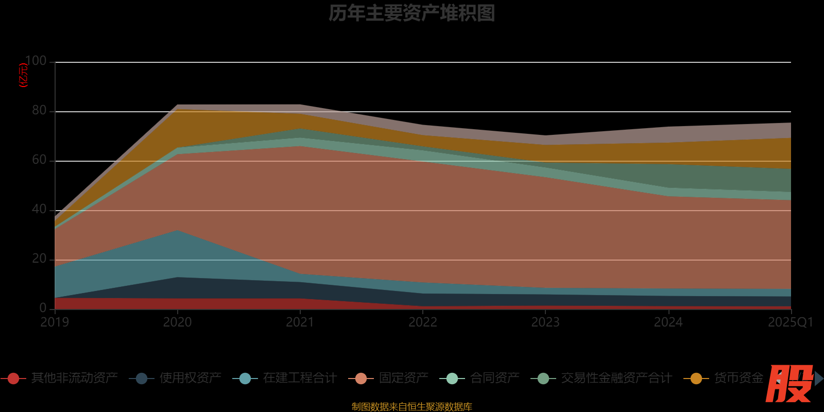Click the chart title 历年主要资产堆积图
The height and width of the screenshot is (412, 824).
(x=411, y=13)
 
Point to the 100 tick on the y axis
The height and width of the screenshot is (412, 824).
(x=36, y=61)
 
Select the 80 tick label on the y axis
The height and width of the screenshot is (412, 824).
(x=39, y=111)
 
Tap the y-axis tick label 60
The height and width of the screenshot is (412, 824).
(x=39, y=160)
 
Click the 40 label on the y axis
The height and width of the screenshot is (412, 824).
(x=39, y=210)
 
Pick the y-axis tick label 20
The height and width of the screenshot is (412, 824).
(x=39, y=259)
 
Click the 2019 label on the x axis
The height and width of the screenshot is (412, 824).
(x=55, y=322)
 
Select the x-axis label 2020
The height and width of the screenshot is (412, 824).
(x=178, y=322)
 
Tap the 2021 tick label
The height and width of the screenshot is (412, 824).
(x=300, y=322)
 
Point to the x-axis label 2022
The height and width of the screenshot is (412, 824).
(x=423, y=322)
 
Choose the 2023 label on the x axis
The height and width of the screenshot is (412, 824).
(x=545, y=322)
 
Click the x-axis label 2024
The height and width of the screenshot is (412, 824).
(x=668, y=322)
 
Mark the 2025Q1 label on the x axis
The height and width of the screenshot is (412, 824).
(x=790, y=322)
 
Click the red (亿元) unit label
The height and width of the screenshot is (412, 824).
(x=23, y=75)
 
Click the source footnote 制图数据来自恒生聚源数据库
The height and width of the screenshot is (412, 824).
(x=411, y=407)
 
